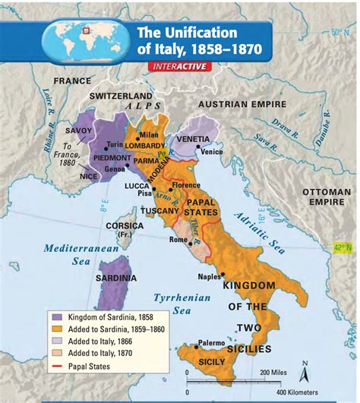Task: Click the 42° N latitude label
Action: (344, 247)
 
